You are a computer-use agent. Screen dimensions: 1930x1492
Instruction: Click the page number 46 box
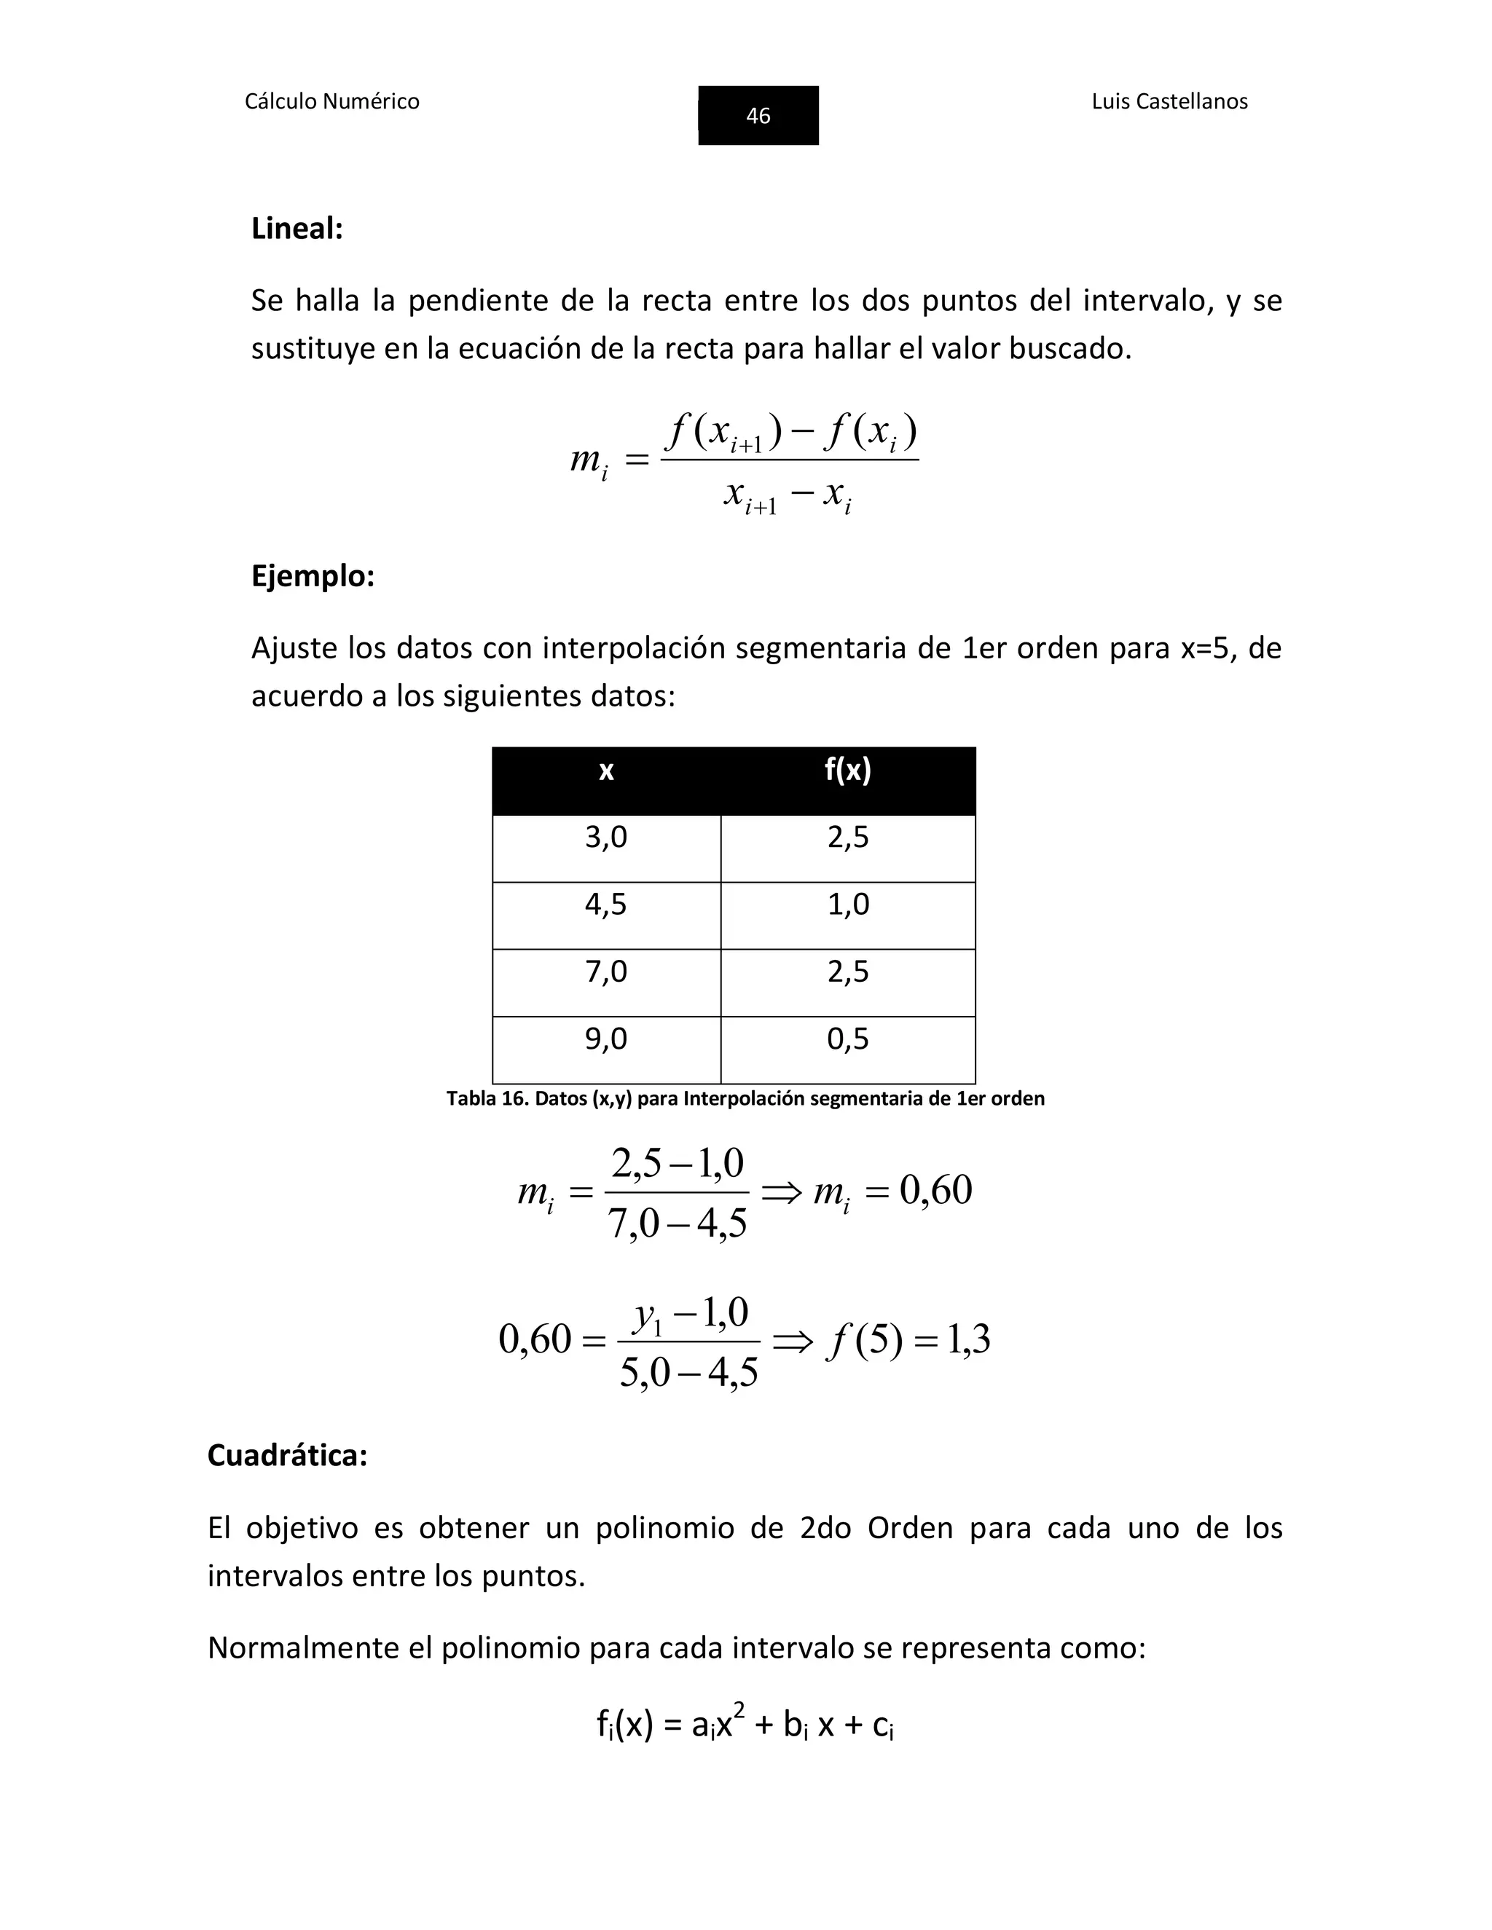click(x=758, y=115)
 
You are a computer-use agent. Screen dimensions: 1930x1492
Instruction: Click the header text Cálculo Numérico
click(x=331, y=102)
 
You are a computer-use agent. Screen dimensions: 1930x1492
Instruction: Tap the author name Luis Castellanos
click(x=1169, y=102)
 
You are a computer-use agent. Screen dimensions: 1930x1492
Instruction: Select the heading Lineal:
click(x=297, y=229)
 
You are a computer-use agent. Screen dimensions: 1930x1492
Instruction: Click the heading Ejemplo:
click(x=313, y=576)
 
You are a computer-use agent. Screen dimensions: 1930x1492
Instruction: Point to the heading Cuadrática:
click(x=287, y=1454)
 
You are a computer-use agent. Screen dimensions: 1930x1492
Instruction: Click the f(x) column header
click(x=848, y=771)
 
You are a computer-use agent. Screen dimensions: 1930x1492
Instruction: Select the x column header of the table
click(x=606, y=771)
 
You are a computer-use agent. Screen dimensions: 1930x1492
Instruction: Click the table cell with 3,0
click(x=606, y=838)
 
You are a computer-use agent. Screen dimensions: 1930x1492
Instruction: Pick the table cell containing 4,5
click(x=606, y=905)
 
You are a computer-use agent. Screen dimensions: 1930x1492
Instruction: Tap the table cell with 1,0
click(x=848, y=905)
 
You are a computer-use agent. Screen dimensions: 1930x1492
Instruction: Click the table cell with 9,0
click(x=606, y=1039)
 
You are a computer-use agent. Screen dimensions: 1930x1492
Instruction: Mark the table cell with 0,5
click(x=848, y=1039)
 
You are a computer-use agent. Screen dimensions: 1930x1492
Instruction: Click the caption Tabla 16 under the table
click(x=745, y=1098)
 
